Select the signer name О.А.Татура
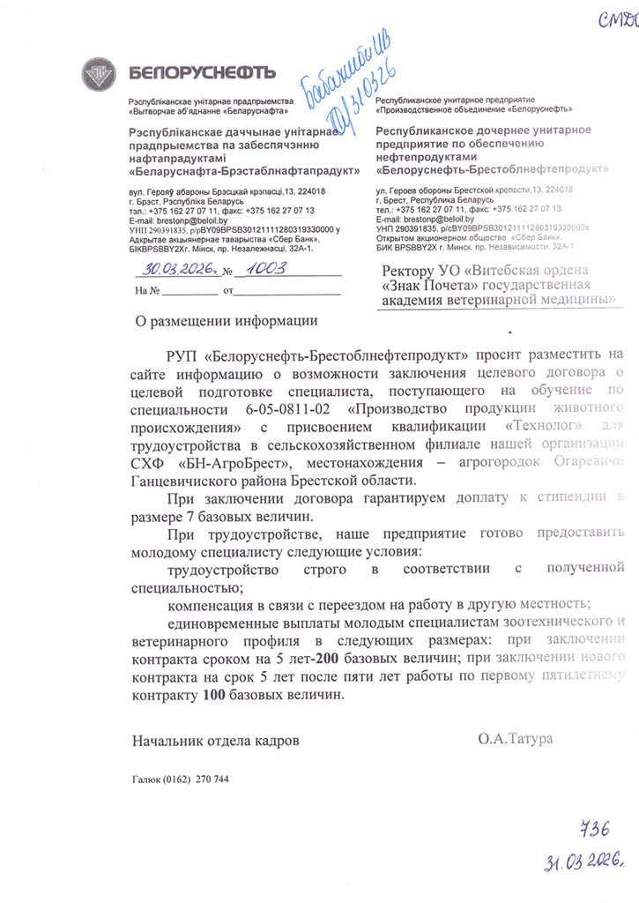tap(516, 738)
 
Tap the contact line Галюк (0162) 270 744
tap(180, 780)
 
